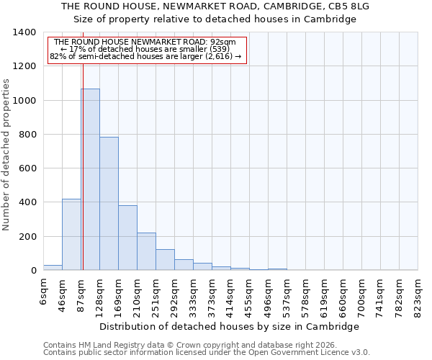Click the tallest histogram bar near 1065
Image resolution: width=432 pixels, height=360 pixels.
tap(90, 180)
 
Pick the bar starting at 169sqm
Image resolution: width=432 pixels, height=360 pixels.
tap(127, 238)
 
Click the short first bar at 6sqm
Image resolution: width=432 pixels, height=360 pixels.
tap(53, 267)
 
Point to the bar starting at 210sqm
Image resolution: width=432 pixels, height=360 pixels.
tap(146, 251)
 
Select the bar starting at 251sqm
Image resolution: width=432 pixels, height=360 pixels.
tap(165, 260)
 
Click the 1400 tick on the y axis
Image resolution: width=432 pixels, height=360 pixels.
tap(24, 32)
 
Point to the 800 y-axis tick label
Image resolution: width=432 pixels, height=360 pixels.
tap(27, 135)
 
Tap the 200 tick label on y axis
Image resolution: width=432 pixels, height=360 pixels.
tap(27, 237)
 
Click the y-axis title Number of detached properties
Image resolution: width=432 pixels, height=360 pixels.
tap(6, 155)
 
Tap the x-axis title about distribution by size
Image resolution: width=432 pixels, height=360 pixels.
tap(229, 326)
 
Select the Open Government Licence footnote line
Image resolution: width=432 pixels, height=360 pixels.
tap(207, 353)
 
